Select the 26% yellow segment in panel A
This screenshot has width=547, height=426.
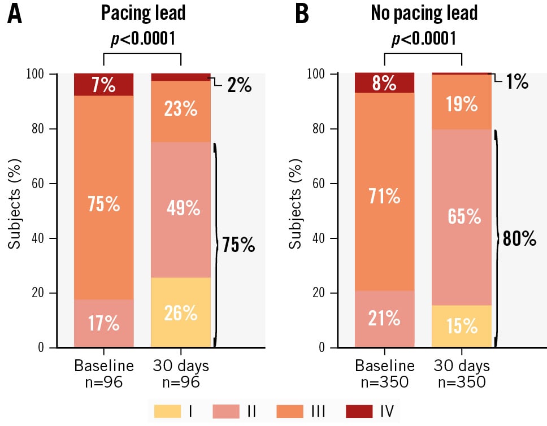[181, 312]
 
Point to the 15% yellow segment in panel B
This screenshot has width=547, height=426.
[462, 326]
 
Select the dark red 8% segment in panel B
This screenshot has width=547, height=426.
[384, 83]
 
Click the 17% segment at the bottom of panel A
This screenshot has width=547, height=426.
[104, 323]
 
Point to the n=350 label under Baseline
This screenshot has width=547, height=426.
[385, 382]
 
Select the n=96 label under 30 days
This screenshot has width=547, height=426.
[180, 382]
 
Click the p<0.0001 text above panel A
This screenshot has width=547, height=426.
[141, 38]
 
